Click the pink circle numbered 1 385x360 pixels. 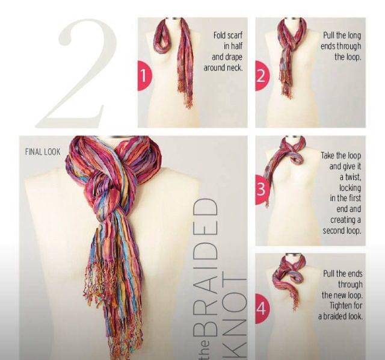click(144, 75)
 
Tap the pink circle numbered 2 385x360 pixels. click(262, 76)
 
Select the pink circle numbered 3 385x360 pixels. click(262, 190)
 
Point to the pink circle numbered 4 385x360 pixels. click(262, 308)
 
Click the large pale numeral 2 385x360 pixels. click(76, 73)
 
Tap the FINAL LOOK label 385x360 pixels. click(43, 152)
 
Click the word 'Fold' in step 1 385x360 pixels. click(220, 35)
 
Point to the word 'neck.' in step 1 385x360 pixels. click(235, 67)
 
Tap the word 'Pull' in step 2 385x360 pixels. click(328, 35)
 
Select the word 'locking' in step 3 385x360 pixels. click(350, 188)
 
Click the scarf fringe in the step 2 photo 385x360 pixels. click(286, 85)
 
